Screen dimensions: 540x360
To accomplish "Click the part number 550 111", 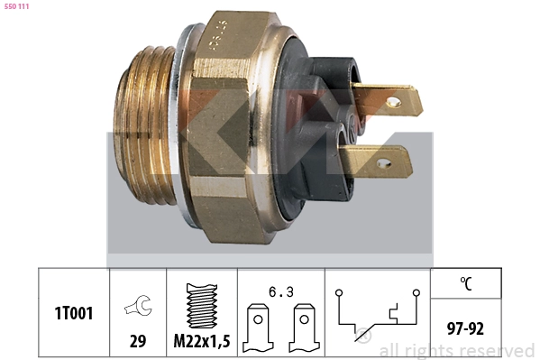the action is tap(16, 6).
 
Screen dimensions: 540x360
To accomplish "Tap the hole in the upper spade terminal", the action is tap(394, 102).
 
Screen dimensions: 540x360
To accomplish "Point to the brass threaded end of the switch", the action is tap(144, 125).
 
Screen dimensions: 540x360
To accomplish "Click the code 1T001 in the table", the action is tap(74, 313).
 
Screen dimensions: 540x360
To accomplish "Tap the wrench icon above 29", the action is tap(138, 305).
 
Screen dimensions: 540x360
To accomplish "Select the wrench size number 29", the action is tap(138, 341).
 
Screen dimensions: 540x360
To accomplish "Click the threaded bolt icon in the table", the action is tap(202, 306).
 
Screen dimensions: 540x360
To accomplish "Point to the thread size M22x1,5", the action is tap(202, 341).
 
